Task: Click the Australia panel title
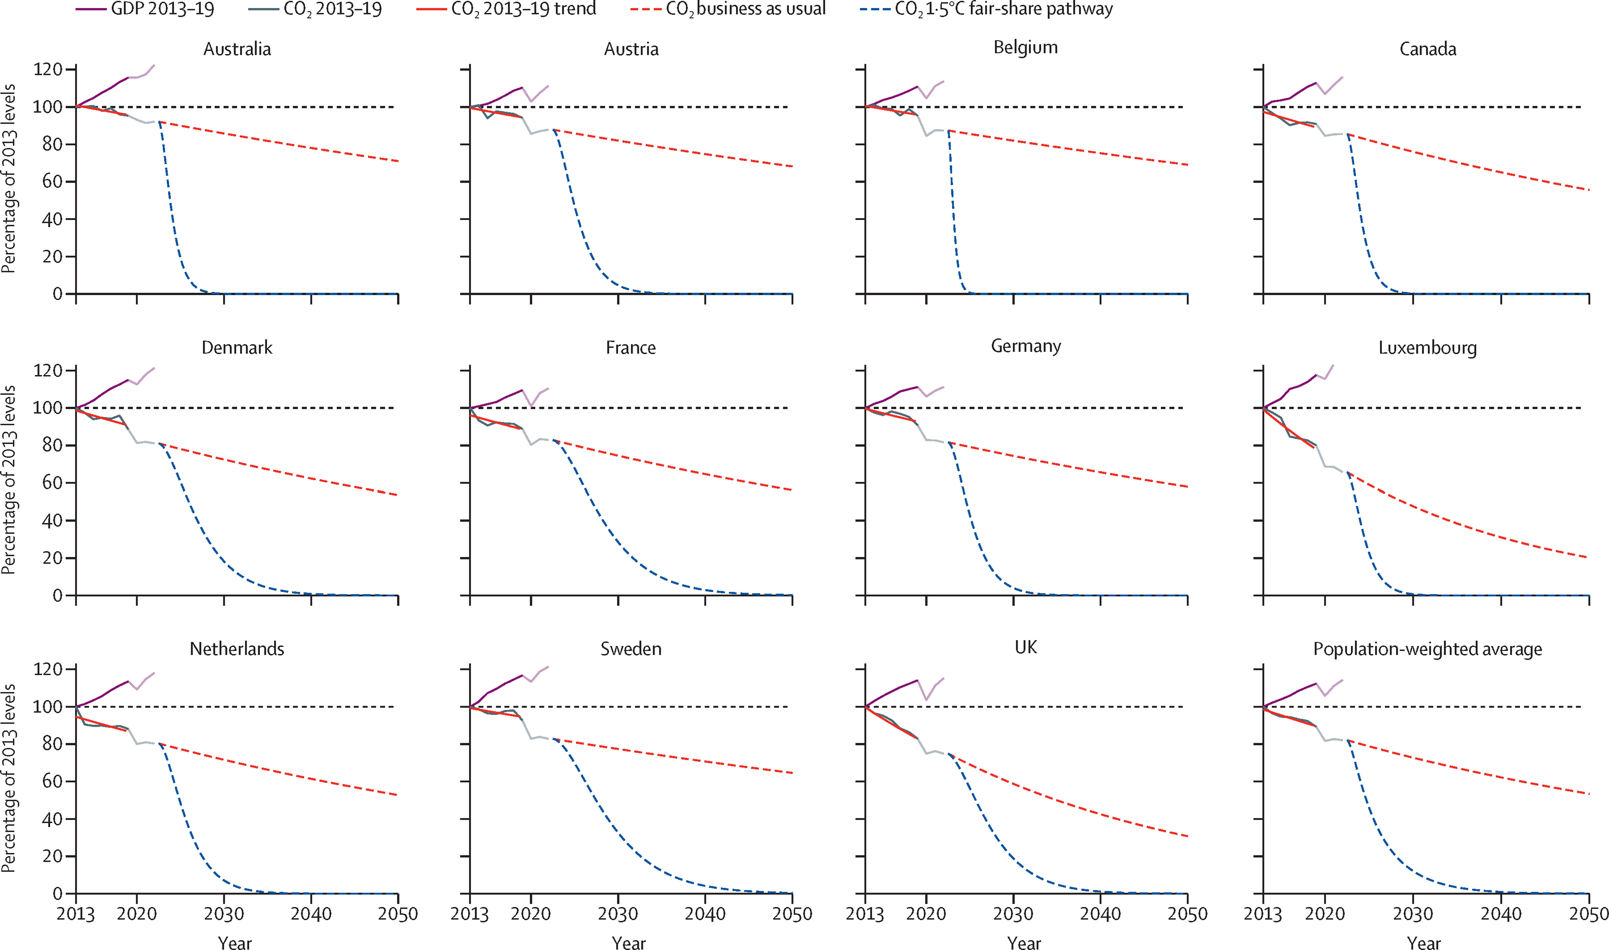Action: pyautogui.click(x=237, y=49)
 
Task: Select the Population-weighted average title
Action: pyautogui.click(x=1427, y=649)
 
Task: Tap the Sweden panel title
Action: pyautogui.click(x=631, y=649)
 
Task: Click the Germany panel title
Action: pyautogui.click(x=1026, y=346)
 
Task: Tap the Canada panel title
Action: pyautogui.click(x=1427, y=49)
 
